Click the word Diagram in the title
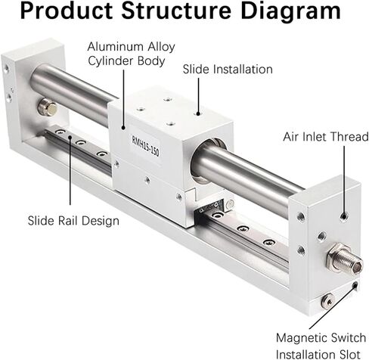290,11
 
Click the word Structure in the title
176,11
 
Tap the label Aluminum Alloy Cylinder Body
131,54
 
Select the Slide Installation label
228,70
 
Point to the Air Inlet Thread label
326,137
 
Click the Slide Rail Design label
73,221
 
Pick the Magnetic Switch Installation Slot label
321,346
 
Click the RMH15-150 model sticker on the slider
146,146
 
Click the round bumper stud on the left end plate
47,107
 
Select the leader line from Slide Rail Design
70,170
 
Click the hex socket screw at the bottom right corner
327,301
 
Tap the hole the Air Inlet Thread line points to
343,216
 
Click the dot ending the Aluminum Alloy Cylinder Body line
123,127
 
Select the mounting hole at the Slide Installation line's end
198,113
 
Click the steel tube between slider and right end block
248,179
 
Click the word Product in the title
66,11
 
